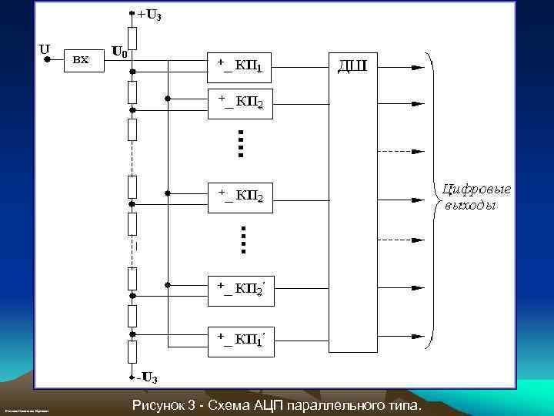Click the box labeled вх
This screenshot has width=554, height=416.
click(x=81, y=59)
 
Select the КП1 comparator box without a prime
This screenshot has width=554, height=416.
click(x=240, y=66)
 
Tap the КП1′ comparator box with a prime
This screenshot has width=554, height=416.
click(x=240, y=339)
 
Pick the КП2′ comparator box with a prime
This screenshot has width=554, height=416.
click(x=240, y=289)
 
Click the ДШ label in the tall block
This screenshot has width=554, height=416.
click(x=353, y=65)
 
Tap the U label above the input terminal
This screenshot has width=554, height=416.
click(x=45, y=48)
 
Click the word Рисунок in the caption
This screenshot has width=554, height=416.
click(x=158, y=405)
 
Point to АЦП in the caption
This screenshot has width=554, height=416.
click(x=265, y=405)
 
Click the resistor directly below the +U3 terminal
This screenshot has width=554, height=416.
click(x=132, y=38)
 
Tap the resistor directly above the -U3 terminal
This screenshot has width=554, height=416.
click(x=132, y=352)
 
